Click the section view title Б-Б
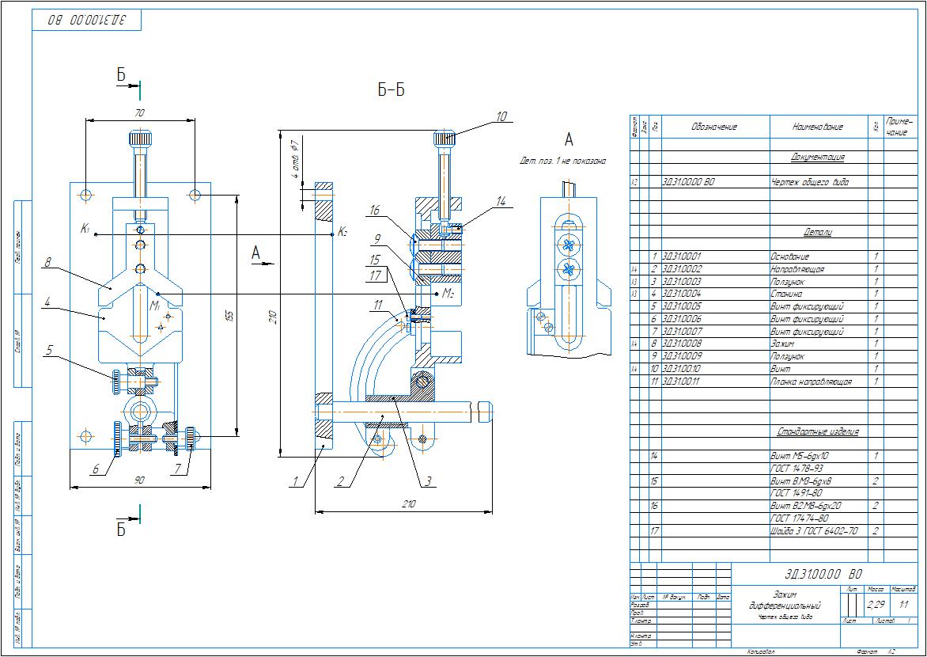pyautogui.click(x=391, y=90)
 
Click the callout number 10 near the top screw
pyautogui.click(x=501, y=116)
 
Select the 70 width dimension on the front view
pyautogui.click(x=140, y=113)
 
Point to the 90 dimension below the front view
pyautogui.click(x=140, y=479)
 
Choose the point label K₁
pyautogui.click(x=85, y=229)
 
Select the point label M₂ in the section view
pyautogui.click(x=448, y=294)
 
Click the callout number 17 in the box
pyautogui.click(x=375, y=275)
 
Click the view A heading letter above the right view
pyautogui.click(x=568, y=140)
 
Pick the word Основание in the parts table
pyautogui.click(x=789, y=256)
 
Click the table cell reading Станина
pyautogui.click(x=786, y=294)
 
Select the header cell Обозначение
pyautogui.click(x=713, y=127)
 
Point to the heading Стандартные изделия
pyautogui.click(x=818, y=431)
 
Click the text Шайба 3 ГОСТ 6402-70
pyautogui.click(x=814, y=531)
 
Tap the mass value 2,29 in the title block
pyautogui.click(x=876, y=605)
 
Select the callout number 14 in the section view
pyautogui.click(x=500, y=202)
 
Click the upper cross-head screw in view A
pyautogui.click(x=567, y=241)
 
